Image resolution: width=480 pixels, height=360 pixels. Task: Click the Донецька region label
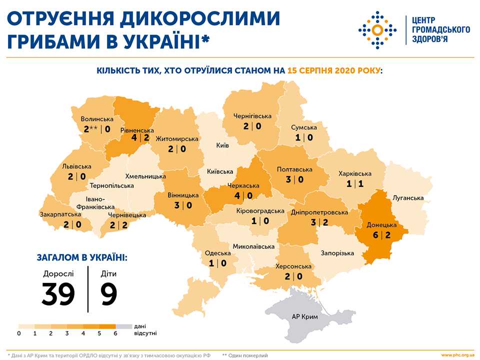click(381, 225)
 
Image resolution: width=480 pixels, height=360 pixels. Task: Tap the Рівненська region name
click(137, 130)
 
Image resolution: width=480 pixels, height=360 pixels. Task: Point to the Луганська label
click(408, 198)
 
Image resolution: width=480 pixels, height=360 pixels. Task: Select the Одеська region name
click(217, 253)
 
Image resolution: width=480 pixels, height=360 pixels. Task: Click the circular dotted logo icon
click(377, 30)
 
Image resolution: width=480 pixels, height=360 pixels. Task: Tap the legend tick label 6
click(115, 332)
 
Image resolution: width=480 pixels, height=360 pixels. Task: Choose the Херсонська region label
click(293, 266)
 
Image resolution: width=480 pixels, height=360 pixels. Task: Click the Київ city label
click(222, 145)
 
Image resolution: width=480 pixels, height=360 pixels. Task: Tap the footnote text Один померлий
click(248, 355)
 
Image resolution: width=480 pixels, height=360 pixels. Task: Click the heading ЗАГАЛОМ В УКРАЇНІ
click(82, 257)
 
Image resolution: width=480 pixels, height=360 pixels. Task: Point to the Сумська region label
click(303, 127)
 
